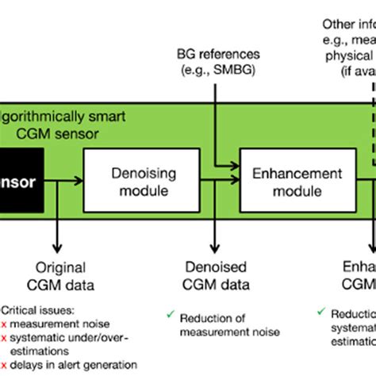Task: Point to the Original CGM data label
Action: click(x=59, y=276)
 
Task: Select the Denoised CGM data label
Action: click(x=215, y=276)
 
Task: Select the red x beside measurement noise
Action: click(x=6, y=324)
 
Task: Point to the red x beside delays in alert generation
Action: click(x=6, y=365)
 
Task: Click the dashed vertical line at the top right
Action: click(x=370, y=87)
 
